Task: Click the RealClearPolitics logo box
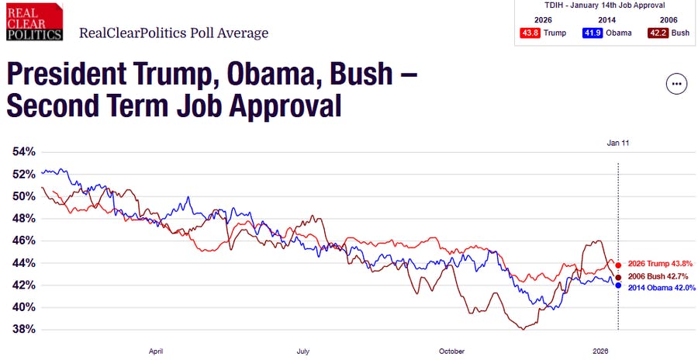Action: click(32, 22)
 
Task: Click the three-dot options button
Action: click(676, 85)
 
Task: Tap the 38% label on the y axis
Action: click(24, 329)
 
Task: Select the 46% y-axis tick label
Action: click(24, 241)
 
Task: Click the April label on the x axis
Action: click(156, 351)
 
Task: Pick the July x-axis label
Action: click(302, 351)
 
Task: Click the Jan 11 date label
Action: click(618, 144)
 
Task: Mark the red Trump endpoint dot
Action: click(618, 265)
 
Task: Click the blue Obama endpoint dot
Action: click(618, 286)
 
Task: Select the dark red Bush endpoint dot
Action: click(618, 277)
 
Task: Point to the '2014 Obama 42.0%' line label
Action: click(661, 288)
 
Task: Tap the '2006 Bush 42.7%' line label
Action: click(661, 277)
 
